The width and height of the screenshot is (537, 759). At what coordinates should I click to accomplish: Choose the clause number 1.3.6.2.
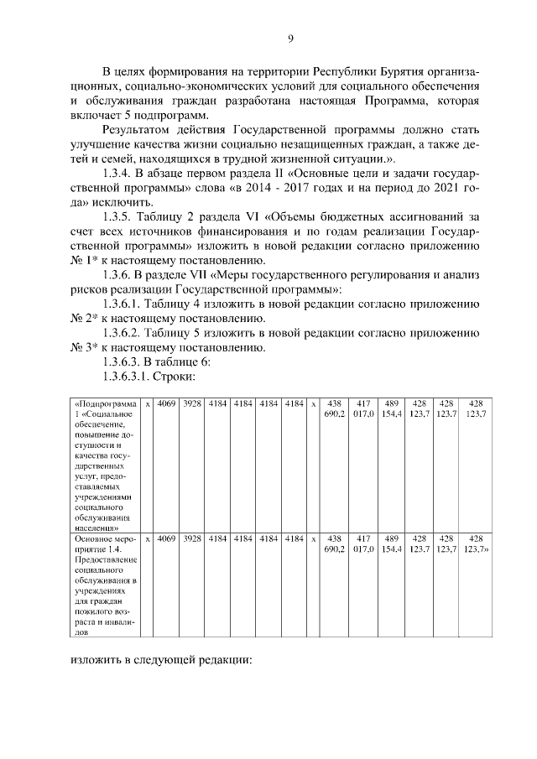tap(123, 333)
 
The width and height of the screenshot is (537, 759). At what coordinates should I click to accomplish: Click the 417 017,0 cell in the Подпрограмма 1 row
tap(363, 408)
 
